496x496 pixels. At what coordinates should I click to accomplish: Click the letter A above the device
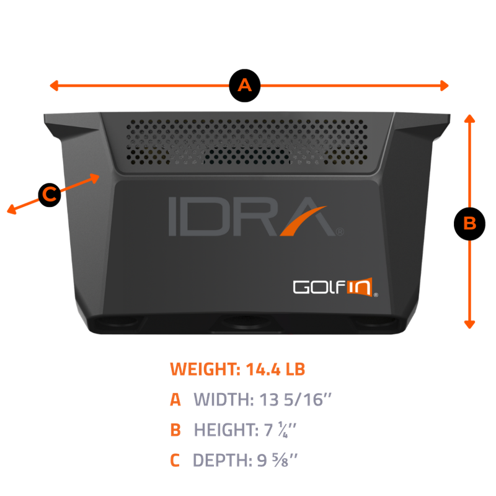pyautogui.click(x=245, y=86)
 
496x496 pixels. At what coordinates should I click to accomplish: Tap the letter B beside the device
pyautogui.click(x=470, y=223)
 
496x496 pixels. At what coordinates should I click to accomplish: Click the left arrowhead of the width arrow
pyautogui.click(x=54, y=86)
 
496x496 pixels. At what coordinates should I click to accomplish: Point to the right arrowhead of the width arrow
pyautogui.click(x=444, y=86)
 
